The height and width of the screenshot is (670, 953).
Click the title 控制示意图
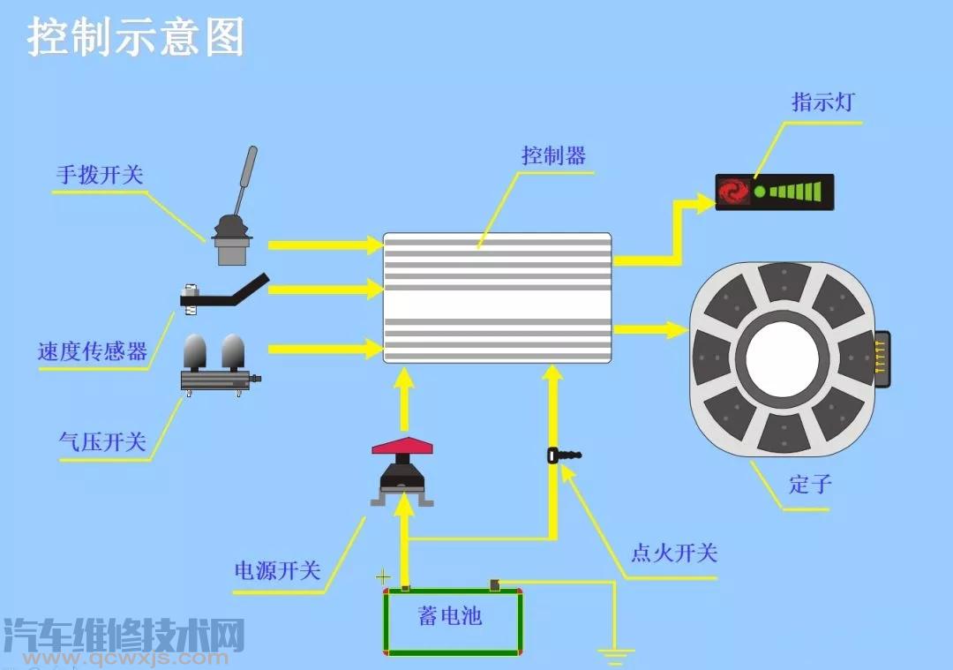coord(135,37)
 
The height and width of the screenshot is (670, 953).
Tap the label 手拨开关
coord(101,175)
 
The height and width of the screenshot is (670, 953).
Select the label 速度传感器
coord(93,351)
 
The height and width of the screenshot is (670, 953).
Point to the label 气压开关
coord(102,442)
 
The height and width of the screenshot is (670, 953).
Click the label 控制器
coord(553,155)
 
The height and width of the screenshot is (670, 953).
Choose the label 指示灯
coord(823,102)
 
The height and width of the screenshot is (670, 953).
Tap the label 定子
coord(810,485)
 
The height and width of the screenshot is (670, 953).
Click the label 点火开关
coord(674,553)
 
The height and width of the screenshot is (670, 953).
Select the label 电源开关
coord(278,570)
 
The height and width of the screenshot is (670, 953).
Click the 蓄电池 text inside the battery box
coord(450,616)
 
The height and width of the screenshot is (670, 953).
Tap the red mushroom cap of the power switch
coord(402,446)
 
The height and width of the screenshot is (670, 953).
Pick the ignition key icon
coord(564,455)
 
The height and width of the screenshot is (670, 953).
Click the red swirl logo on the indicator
coord(733,192)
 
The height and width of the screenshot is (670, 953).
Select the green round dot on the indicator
coord(760,192)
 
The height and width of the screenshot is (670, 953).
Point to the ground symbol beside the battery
coord(615,655)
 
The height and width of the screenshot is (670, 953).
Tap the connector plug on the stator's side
coord(882,359)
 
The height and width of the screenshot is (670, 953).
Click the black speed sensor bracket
coord(225,294)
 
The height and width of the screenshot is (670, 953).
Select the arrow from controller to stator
coord(649,329)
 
